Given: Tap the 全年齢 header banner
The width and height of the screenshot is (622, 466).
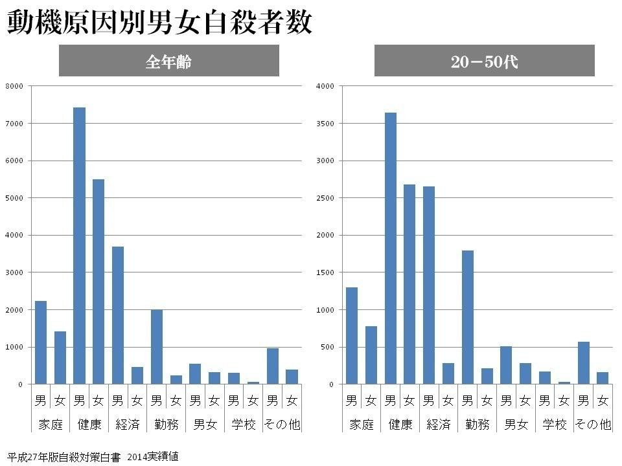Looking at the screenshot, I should coord(168,61).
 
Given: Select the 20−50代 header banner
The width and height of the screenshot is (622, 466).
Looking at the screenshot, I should coord(484,61).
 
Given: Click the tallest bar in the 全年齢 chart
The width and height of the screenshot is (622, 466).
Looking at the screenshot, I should coord(79,246).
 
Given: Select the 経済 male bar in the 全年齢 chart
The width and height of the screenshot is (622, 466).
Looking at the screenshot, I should coord(118,315).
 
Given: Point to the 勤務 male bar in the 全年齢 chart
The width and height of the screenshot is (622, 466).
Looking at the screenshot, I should coord(157,347).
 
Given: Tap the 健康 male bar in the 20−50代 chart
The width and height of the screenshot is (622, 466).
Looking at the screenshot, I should coord(390,249).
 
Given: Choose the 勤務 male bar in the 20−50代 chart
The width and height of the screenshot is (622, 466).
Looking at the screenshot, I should coord(467,317).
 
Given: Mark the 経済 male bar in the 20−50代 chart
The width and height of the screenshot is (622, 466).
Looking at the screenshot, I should coord(428,285).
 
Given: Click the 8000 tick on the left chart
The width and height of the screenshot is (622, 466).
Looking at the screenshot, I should coord(14,86).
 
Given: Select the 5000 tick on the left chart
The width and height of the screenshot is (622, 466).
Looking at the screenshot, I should coord(14,198).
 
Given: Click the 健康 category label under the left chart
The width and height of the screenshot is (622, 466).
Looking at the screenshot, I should coord(89,425).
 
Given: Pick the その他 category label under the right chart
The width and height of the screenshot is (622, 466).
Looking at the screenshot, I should coord(593,425).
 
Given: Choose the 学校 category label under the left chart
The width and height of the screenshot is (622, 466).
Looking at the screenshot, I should coord(244,425).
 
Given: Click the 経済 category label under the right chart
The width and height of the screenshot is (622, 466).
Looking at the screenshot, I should coord(439,425).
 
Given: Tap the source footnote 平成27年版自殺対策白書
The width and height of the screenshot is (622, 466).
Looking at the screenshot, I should coord(65,456).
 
